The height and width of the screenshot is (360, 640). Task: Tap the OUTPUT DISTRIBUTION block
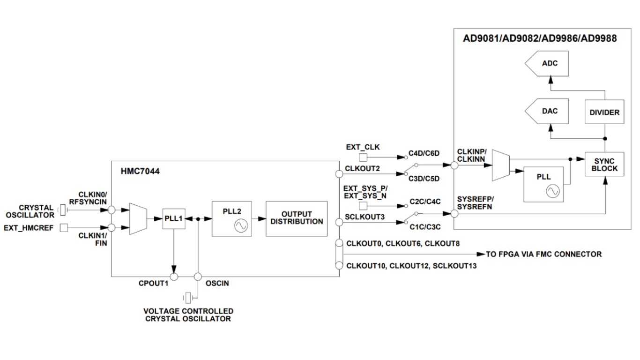[296, 218]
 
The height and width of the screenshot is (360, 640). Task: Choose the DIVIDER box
[604, 112]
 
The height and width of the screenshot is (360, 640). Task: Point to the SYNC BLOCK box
[604, 165]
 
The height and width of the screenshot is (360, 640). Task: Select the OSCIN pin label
[217, 283]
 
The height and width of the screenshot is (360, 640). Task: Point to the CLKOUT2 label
[362, 167]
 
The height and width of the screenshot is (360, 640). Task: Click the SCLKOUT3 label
[365, 216]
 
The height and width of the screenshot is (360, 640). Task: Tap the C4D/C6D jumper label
[424, 153]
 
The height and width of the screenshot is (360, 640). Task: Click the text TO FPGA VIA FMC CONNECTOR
[543, 254]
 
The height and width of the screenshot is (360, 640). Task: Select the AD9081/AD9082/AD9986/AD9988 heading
[539, 39]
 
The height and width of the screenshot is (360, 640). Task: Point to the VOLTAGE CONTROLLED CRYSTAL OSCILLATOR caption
[188, 315]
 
